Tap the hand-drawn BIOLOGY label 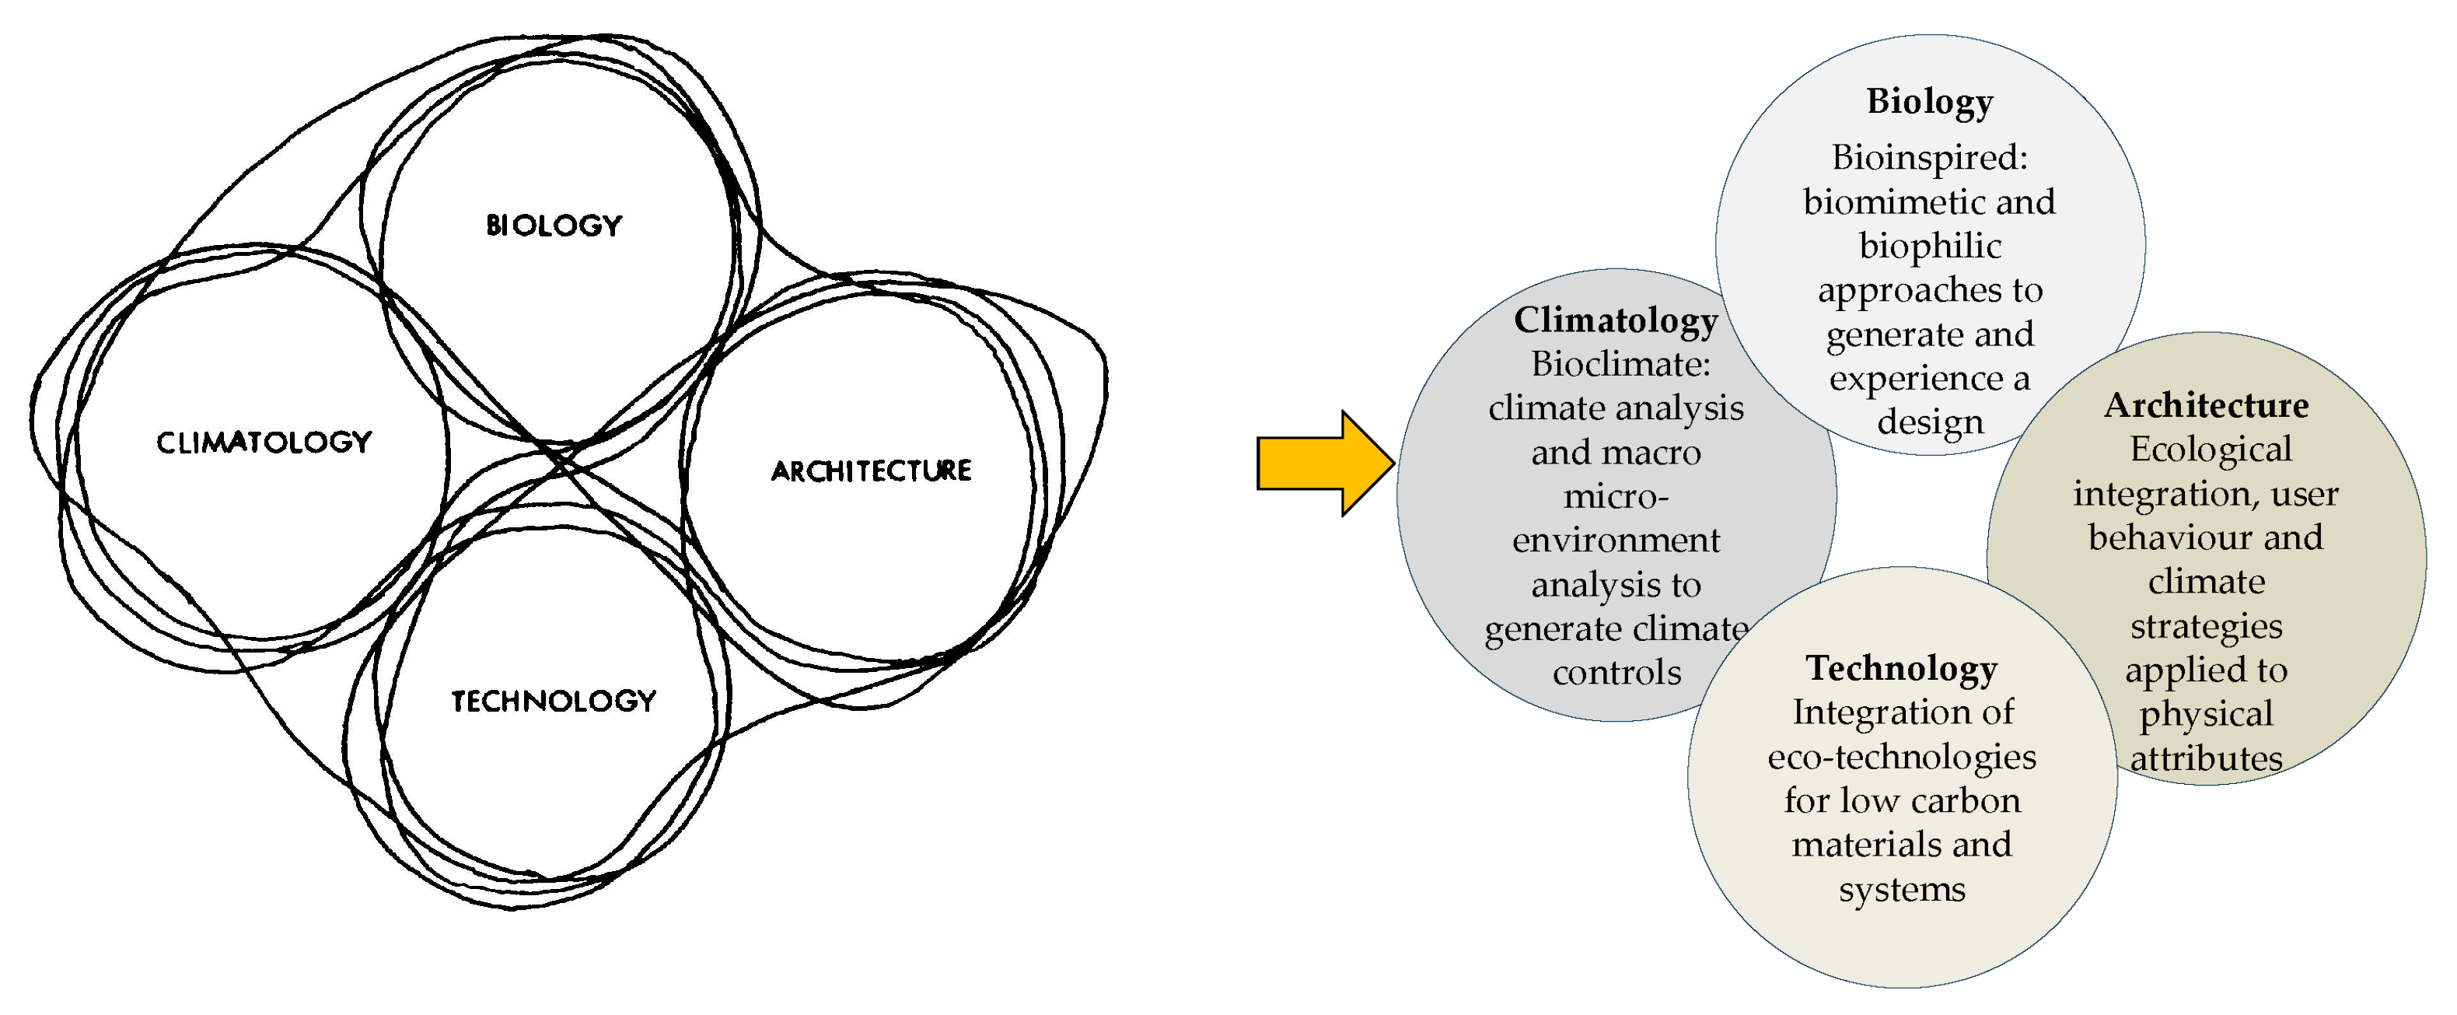[553, 225]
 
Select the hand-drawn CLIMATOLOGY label [264, 442]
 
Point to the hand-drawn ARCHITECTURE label [871, 471]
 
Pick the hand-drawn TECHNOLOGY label [553, 700]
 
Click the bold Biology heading [1928, 101]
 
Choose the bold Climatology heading [1615, 320]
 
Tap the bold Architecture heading [2205, 405]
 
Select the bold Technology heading [1901, 669]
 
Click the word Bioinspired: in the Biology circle [1928, 157]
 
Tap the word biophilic [1928, 246]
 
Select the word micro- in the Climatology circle [1615, 497]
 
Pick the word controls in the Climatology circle [1616, 674]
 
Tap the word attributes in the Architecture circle [2205, 759]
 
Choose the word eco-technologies [1901, 758]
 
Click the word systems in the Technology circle [1901, 890]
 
